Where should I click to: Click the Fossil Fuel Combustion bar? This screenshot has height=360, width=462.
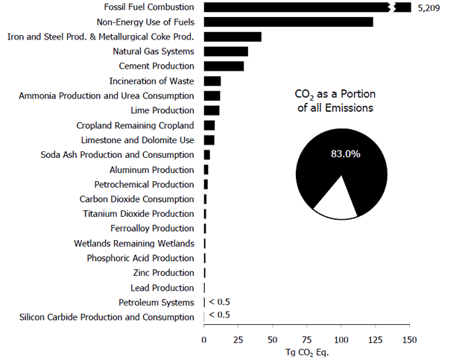(298, 7)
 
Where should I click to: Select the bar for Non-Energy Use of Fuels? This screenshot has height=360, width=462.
(288, 22)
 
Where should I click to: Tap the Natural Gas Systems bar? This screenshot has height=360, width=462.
(226, 51)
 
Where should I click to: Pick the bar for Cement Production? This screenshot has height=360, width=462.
(224, 66)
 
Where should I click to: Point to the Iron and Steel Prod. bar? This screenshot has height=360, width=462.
(232, 37)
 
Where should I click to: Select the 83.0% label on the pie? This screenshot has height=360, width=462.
(346, 154)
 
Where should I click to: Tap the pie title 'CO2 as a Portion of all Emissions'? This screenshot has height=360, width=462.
(334, 101)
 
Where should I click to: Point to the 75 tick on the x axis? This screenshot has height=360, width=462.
(307, 339)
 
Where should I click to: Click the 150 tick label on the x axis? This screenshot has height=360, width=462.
(410, 339)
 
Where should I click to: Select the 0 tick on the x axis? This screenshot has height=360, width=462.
(204, 339)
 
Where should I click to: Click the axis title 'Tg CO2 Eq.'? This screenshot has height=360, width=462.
(307, 352)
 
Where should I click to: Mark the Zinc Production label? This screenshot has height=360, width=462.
(163, 273)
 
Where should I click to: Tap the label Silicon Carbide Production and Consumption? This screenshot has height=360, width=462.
(107, 318)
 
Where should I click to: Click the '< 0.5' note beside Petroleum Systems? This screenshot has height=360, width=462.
(219, 302)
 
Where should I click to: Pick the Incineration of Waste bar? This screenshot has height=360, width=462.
(212, 81)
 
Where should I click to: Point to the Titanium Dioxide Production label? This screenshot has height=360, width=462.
(139, 214)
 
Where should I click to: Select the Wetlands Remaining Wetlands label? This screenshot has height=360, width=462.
(134, 244)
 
